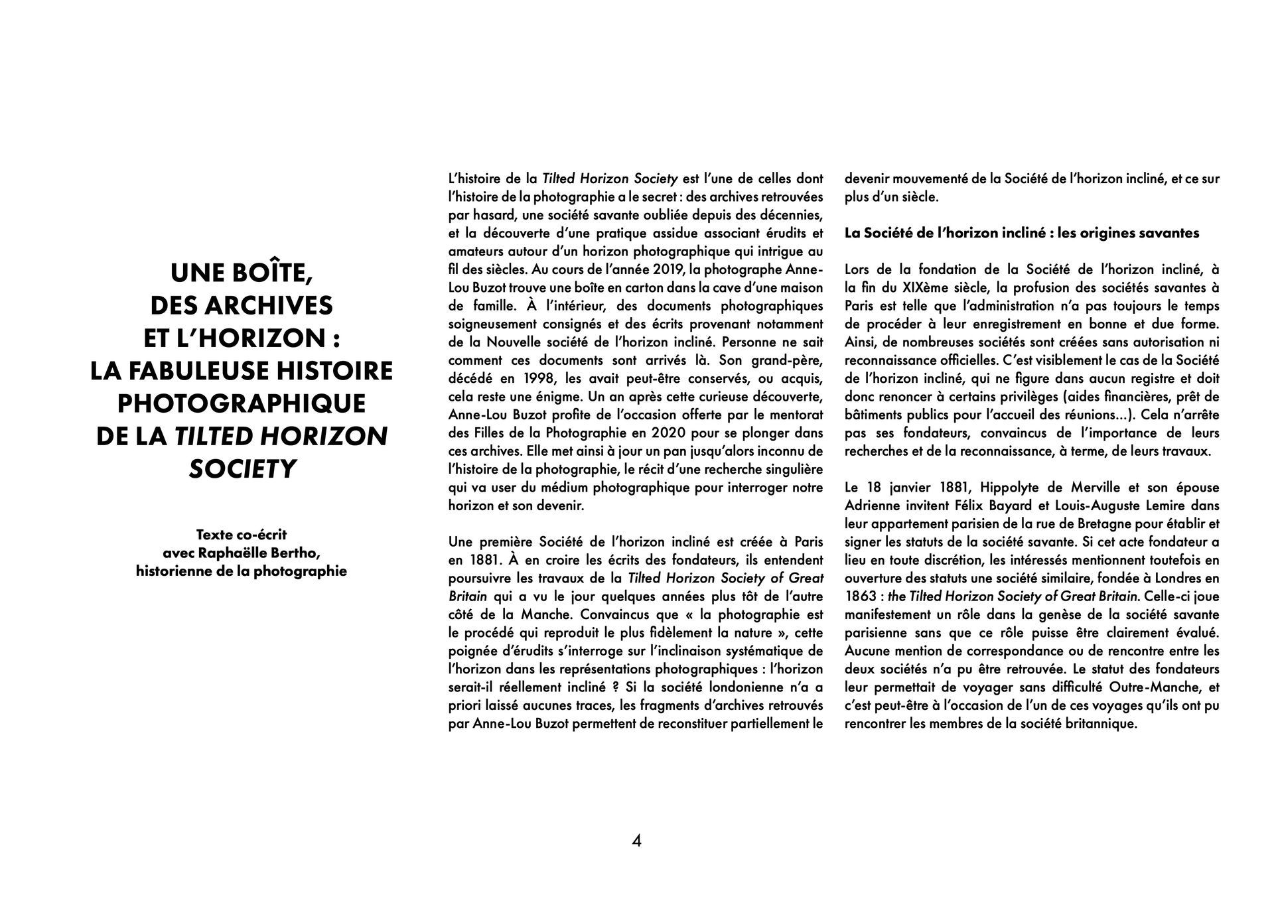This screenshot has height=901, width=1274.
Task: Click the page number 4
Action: pos(636,841)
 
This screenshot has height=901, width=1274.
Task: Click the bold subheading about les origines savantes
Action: pos(1022,233)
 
